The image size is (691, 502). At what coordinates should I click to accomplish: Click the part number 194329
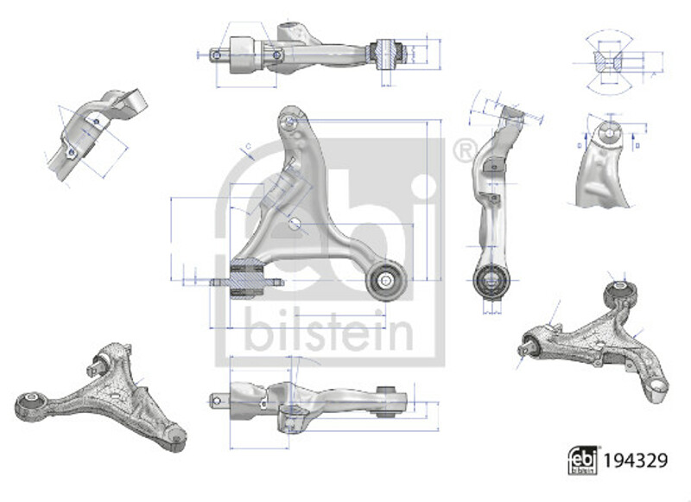[635, 461]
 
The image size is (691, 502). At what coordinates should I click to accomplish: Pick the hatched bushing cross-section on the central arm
[247, 279]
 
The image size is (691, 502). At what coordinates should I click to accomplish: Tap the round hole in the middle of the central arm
[295, 225]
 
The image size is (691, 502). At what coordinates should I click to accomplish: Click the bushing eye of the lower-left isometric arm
[29, 404]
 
